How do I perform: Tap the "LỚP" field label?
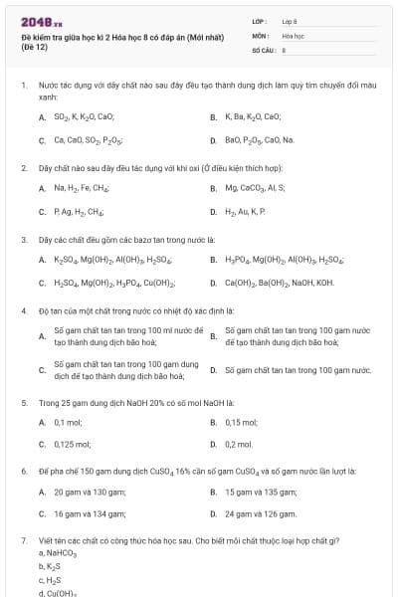coord(259,20)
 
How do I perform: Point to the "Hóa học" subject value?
coord(293,34)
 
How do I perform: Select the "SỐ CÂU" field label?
coord(262,48)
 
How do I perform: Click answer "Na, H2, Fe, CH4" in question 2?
coord(81,187)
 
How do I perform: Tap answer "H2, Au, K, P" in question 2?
coord(244,211)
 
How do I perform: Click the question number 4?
coord(23,310)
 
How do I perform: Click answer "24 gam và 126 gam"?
coord(260,514)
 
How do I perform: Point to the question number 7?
coord(23,540)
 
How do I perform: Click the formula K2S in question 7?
coord(48,566)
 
